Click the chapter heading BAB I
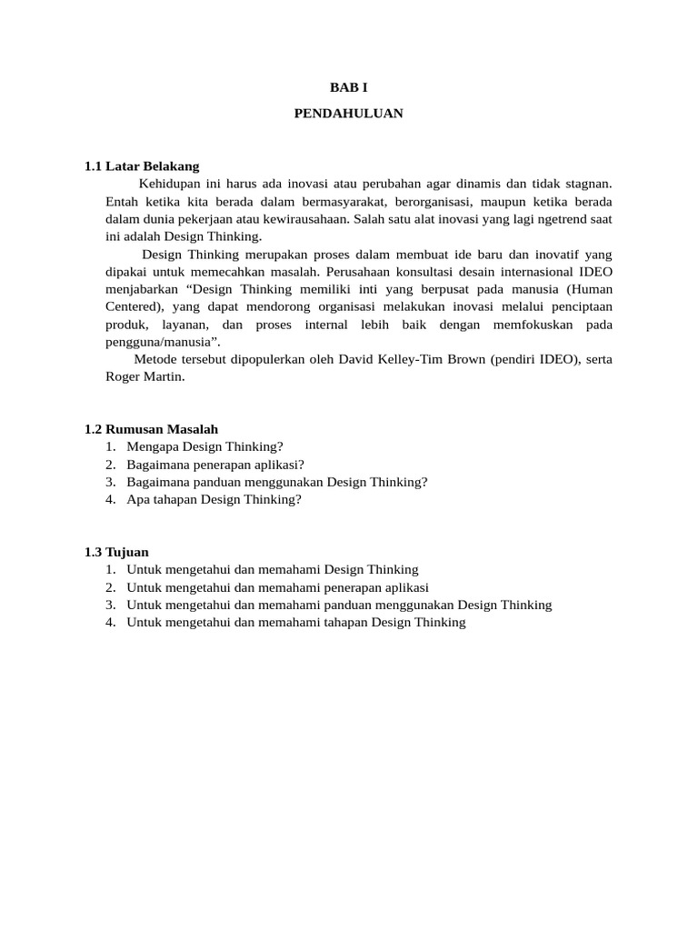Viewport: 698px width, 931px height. (348, 86)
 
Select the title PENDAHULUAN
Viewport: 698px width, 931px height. (348, 114)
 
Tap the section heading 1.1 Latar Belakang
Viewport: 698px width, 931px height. (142, 166)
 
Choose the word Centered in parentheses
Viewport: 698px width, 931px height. (132, 306)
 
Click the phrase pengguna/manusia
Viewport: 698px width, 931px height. (160, 342)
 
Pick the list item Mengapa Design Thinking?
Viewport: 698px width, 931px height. (205, 446)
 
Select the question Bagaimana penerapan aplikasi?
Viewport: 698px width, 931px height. (215, 464)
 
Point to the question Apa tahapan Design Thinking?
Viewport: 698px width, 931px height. (214, 499)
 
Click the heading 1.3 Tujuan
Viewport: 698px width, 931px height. (116, 552)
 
